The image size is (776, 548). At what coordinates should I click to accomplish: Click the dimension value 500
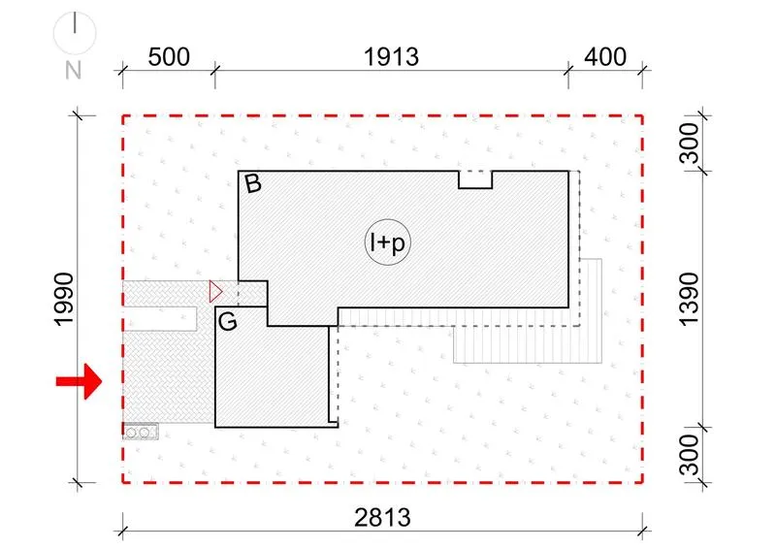point(169,57)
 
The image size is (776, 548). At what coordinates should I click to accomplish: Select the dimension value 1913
point(392,57)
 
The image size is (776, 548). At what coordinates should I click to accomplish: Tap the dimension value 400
point(605,57)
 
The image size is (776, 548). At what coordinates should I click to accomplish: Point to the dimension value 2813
point(382,518)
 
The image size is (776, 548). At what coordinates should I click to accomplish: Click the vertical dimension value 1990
point(64,299)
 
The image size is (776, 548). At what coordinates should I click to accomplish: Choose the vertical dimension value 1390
point(689,299)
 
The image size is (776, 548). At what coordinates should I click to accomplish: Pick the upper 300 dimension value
point(689,144)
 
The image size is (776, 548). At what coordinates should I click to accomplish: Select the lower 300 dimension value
point(689,455)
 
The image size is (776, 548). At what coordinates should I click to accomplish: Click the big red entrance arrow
point(79,381)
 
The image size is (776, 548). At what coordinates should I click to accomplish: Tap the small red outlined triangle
point(215,292)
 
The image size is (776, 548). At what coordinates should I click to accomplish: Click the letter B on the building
point(253,183)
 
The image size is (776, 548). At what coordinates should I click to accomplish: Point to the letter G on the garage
point(228,322)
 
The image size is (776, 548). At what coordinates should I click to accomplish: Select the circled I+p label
point(388,242)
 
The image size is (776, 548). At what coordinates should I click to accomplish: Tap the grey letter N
point(74,70)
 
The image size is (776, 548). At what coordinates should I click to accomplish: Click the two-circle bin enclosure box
point(141,432)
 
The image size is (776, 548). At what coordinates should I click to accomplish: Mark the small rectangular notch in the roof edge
point(475,179)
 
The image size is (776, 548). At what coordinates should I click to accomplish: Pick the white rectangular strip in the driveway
point(160,319)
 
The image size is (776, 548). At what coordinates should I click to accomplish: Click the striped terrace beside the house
point(528,337)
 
